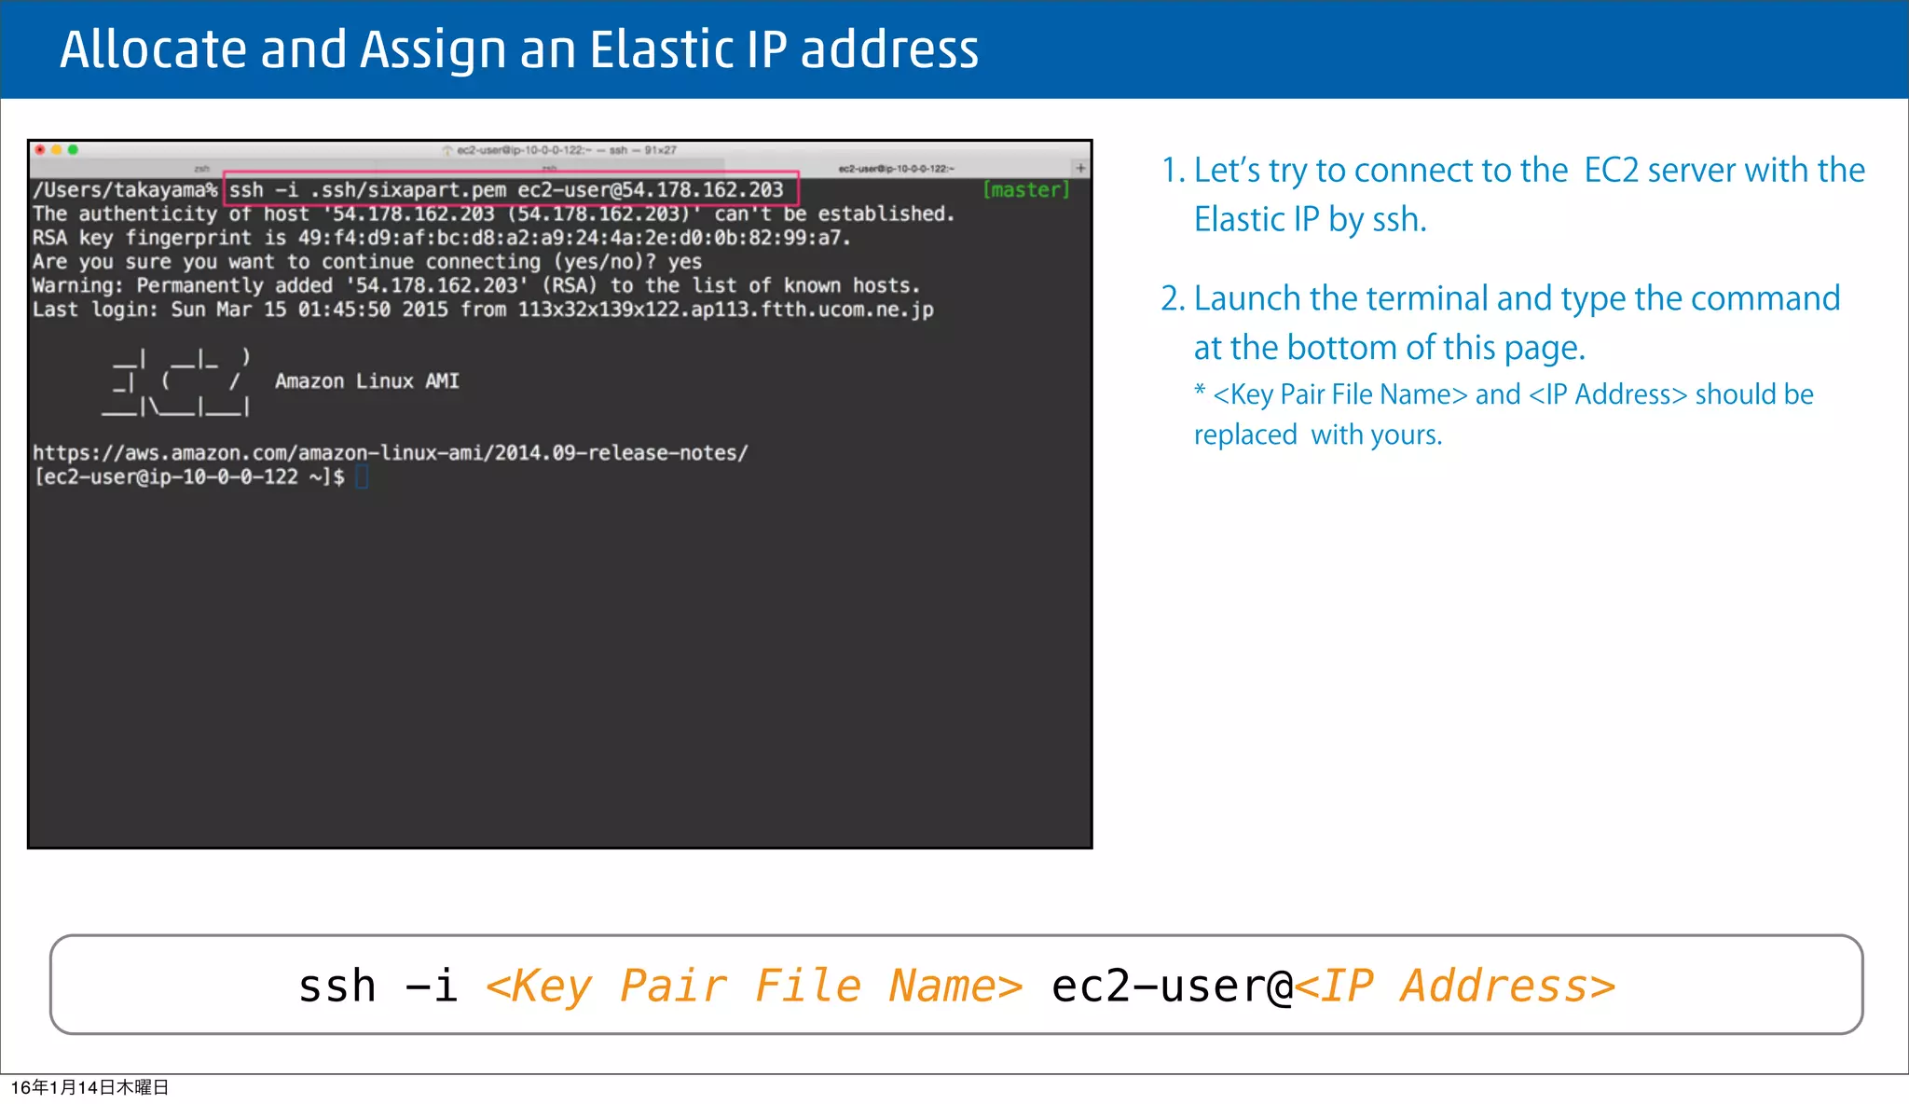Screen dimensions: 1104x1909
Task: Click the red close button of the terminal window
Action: (x=40, y=149)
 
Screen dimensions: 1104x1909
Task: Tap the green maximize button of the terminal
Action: (x=73, y=149)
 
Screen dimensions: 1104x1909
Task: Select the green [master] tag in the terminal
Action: (x=1025, y=190)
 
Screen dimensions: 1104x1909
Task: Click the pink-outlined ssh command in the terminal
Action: (x=510, y=190)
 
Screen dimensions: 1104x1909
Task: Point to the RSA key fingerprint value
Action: (x=573, y=238)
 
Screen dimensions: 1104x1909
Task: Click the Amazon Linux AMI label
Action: (x=366, y=381)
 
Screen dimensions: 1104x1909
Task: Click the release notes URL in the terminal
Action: (x=390, y=453)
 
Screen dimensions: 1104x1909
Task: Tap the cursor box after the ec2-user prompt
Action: (x=362, y=477)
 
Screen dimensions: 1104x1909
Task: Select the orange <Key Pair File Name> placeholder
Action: (x=753, y=987)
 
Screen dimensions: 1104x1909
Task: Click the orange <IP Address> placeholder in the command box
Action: (x=1454, y=987)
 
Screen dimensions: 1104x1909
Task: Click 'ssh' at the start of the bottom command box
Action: (x=336, y=987)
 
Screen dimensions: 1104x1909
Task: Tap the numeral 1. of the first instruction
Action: (x=1173, y=171)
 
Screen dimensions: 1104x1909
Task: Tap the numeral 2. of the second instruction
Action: (x=1173, y=299)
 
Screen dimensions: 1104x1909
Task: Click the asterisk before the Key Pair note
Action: (x=1200, y=391)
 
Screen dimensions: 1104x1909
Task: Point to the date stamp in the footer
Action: (x=89, y=1087)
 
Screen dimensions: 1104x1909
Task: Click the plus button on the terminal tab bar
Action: (x=1080, y=168)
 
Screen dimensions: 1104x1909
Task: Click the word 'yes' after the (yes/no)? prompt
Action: (x=684, y=262)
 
